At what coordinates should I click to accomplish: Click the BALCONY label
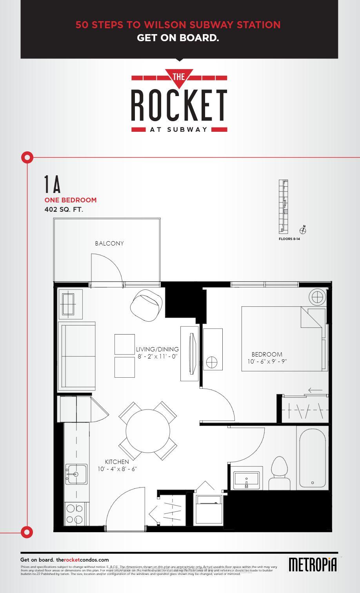[x=109, y=244]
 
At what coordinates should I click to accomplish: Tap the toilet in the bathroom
[x=280, y=473]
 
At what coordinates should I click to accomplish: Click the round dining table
[x=148, y=431]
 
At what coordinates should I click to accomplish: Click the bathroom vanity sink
[x=246, y=479]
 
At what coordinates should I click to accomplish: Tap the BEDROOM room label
[x=267, y=354]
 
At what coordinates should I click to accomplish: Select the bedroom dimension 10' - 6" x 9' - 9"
[x=267, y=362]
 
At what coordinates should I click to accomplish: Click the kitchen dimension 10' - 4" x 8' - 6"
[x=117, y=469]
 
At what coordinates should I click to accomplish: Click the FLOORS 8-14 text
[x=289, y=239]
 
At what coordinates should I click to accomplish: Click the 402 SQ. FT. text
[x=64, y=210]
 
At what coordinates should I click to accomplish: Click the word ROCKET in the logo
[x=179, y=105]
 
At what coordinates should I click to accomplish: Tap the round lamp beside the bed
[x=317, y=296]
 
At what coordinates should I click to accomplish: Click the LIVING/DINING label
[x=157, y=349]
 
